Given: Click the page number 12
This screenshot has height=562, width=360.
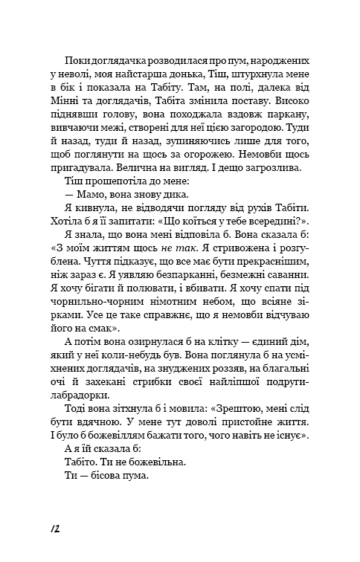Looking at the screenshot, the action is pyautogui.click(x=53, y=527).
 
